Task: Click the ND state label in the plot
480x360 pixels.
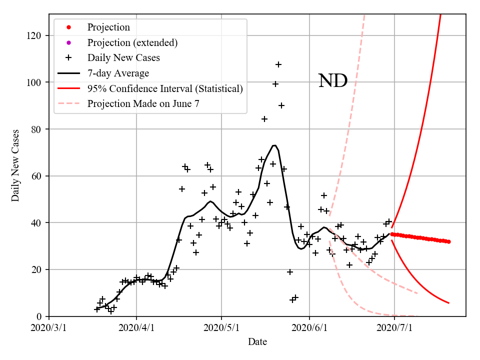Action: coord(332,80)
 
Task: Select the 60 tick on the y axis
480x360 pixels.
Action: coord(37,176)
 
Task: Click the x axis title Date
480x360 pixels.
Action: coord(257,342)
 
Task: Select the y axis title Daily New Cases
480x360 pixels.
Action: coord(15,165)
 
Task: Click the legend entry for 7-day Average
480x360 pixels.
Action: coord(118,73)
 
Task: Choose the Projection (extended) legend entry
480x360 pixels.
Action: coord(132,42)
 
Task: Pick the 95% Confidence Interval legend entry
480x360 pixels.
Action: coord(165,88)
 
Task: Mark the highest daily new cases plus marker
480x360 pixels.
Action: coord(278,64)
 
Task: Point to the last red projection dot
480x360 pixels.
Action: coord(448,241)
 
